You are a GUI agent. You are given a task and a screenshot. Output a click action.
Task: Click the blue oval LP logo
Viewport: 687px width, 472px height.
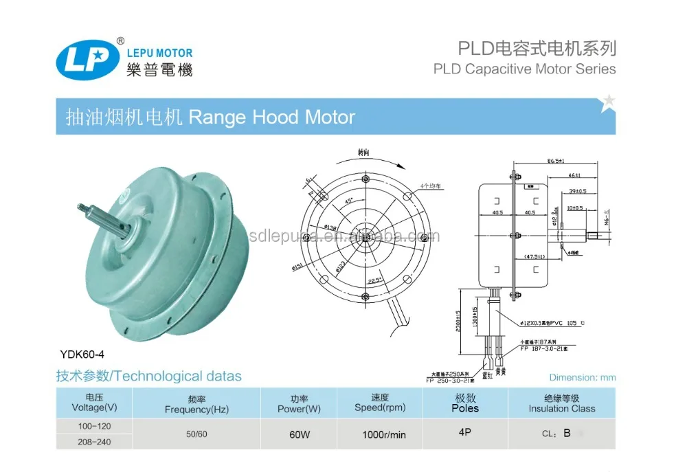(x=82, y=60)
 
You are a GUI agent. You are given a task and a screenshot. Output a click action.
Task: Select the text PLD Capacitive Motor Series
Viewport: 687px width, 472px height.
(x=525, y=69)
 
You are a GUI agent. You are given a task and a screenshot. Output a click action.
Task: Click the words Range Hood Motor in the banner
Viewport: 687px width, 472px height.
(x=271, y=117)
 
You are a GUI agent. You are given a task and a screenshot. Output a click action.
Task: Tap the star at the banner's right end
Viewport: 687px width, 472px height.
(x=607, y=104)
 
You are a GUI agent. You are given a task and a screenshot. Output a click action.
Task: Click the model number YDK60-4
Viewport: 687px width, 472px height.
(x=80, y=355)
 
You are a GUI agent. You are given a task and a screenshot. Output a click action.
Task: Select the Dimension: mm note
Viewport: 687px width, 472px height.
(x=583, y=377)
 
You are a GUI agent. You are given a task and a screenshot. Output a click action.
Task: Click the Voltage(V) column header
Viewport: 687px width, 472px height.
(x=93, y=403)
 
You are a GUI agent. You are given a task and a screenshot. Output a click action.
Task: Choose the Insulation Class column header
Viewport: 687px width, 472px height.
(x=561, y=403)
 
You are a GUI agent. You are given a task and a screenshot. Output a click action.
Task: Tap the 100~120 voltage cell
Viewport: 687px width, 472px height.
(x=93, y=426)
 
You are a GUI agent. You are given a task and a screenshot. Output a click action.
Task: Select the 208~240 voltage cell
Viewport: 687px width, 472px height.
(x=93, y=442)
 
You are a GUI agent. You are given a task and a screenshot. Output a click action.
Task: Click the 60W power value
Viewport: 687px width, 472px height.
(x=300, y=434)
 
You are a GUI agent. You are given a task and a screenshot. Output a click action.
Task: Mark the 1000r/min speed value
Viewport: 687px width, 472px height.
(x=383, y=434)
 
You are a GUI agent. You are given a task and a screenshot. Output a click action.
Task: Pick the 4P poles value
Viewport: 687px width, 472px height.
(x=465, y=434)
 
